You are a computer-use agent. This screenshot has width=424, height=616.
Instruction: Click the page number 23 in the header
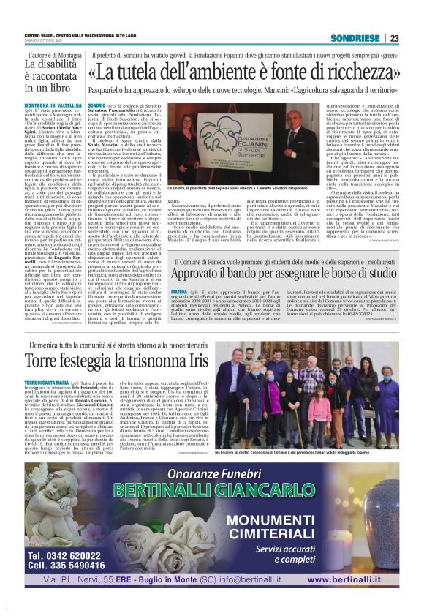394,39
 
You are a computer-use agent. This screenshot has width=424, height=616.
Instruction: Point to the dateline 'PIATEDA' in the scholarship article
179,290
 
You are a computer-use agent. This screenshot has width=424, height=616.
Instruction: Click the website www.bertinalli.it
362,580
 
